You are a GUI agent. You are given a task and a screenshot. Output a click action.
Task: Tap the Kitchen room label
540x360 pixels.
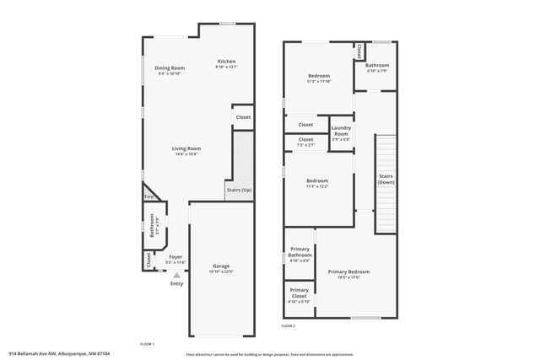[x=227, y=61]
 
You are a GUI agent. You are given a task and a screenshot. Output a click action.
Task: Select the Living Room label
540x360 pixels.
[x=186, y=148]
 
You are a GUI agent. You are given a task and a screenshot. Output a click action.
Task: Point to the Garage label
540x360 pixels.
[x=221, y=266]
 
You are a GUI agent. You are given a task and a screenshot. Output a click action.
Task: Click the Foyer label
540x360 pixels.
[x=175, y=256]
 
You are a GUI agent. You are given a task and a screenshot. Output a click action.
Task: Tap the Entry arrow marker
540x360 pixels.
[x=176, y=274]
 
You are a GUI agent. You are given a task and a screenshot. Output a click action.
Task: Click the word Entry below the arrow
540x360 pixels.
[x=176, y=283]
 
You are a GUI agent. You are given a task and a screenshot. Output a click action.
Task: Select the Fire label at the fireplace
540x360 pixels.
[x=148, y=197]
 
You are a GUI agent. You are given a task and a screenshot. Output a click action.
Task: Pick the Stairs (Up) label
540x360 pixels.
[x=239, y=191]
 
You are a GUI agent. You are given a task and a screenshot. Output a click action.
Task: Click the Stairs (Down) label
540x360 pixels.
[x=386, y=179]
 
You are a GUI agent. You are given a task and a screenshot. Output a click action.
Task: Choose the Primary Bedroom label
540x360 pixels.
[x=348, y=271]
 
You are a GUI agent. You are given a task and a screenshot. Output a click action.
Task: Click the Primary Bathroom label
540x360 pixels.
[x=300, y=252]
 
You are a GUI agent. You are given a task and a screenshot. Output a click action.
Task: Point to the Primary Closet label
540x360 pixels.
[x=300, y=294]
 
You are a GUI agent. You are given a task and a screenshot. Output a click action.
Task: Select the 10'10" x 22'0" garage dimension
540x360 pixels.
[x=221, y=271]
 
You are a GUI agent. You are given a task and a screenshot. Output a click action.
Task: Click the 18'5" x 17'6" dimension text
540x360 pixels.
[x=348, y=277]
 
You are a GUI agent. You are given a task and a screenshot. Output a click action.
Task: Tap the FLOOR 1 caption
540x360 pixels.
[x=147, y=344]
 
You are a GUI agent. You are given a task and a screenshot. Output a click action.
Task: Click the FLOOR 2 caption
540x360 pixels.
[x=289, y=325]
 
